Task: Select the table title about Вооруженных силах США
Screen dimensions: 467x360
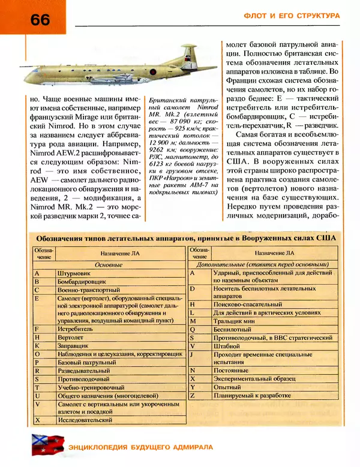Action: pyautogui.click(x=182, y=237)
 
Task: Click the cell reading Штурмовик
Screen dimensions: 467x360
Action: pyautogui.click(x=74, y=273)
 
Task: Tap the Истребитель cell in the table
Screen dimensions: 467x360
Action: pyautogui.click(x=76, y=330)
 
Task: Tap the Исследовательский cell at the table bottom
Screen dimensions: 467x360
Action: pyautogui.click(x=85, y=420)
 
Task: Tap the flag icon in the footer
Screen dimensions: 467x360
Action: pyautogui.click(x=43, y=445)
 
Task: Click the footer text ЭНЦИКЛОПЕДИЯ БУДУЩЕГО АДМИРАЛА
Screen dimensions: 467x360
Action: pyautogui.click(x=140, y=447)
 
